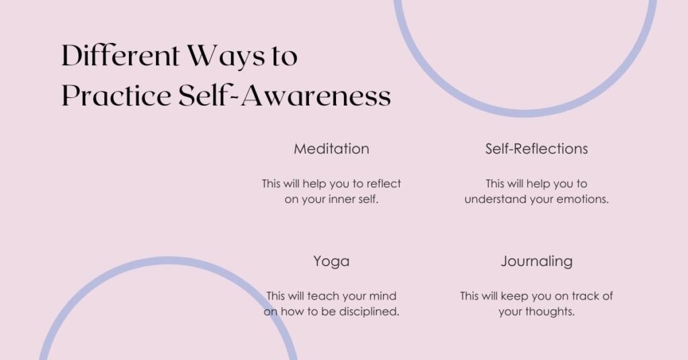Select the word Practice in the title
tap(116, 95)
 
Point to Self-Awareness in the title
tap(285, 95)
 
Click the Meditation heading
tap(331, 149)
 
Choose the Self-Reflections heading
tap(536, 149)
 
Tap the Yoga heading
tap(331, 261)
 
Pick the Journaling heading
tap(536, 261)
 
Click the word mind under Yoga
tap(383, 296)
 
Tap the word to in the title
tap(283, 56)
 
